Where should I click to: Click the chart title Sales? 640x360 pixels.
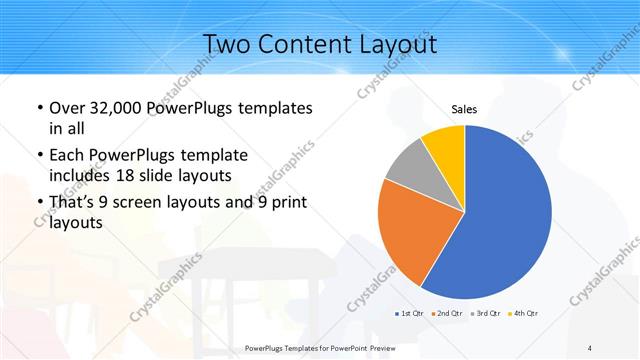[x=464, y=109]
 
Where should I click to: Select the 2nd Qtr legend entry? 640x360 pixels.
[x=446, y=314]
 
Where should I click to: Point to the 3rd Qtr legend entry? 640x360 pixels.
[x=486, y=314]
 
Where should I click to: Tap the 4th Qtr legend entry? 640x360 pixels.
[x=523, y=314]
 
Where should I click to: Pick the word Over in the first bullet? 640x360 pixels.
[x=67, y=107]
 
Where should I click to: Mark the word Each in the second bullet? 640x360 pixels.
[x=67, y=155]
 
